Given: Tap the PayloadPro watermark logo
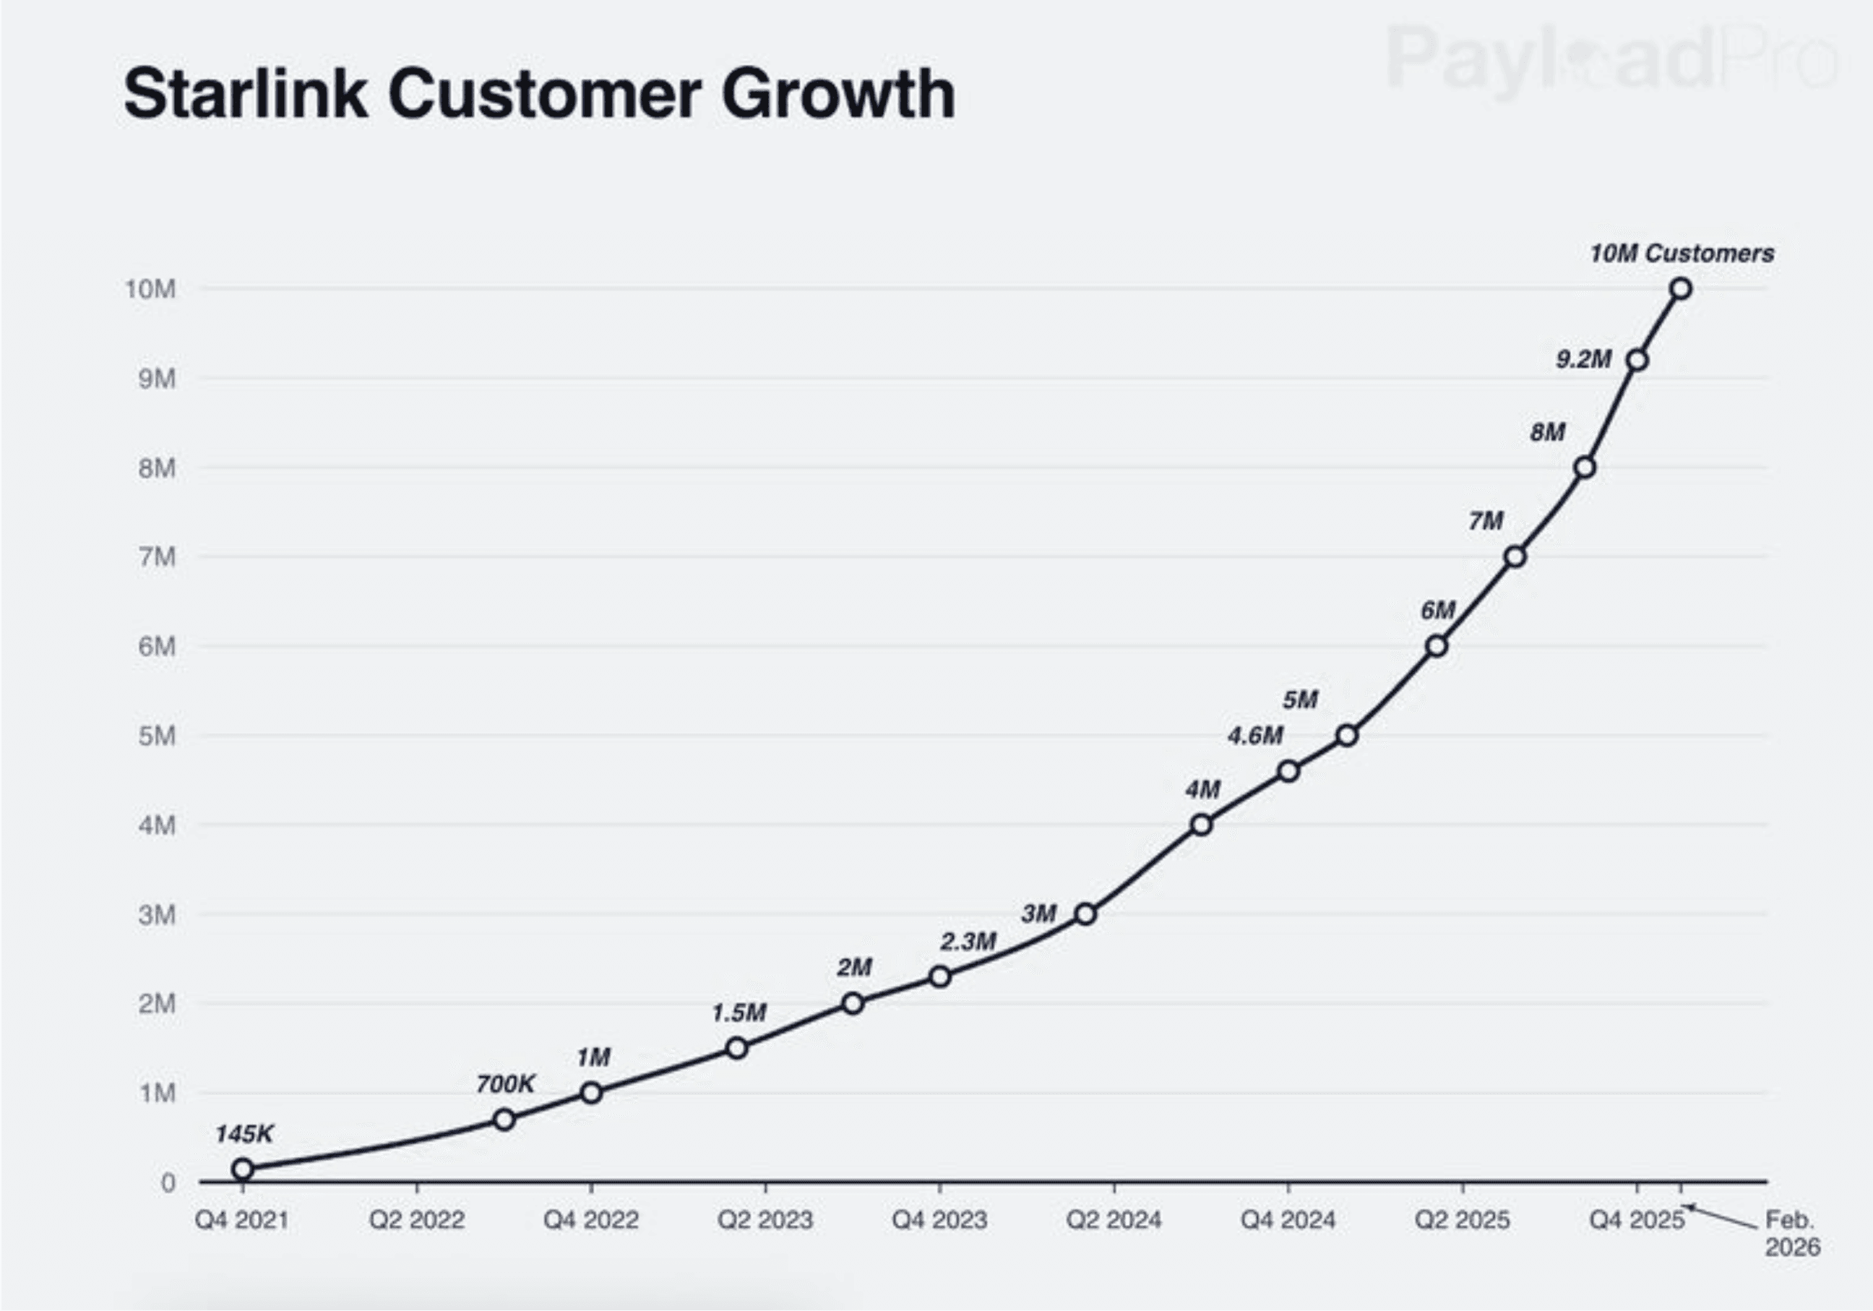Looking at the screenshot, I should [x=1611, y=57].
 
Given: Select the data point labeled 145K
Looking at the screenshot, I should [x=242, y=1169].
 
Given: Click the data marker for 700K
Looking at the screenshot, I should [x=504, y=1119].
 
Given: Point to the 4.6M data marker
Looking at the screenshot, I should [x=1288, y=771].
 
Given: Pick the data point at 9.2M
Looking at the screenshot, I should [x=1637, y=361].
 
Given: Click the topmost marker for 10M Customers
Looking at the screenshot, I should [x=1681, y=289].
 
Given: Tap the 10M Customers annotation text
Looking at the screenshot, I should [x=1682, y=254].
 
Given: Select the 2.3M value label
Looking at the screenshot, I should [x=968, y=942].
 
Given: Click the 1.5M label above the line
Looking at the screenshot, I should [x=739, y=1013].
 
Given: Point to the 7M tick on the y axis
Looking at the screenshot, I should [x=158, y=557].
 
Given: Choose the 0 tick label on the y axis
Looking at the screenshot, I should [x=168, y=1183].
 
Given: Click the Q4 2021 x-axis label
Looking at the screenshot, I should [x=242, y=1221].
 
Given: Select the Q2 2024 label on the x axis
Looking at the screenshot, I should [x=1114, y=1221].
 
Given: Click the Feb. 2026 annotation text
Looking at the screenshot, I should [x=1791, y=1234].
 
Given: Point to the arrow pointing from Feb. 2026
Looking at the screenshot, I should [x=1721, y=1217].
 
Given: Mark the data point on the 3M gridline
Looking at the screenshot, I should [x=1085, y=914].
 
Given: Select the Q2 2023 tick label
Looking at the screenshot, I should [x=765, y=1221].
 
